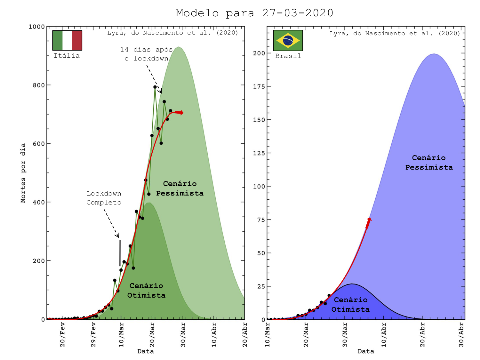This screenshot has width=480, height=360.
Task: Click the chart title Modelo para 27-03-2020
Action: coord(254,13)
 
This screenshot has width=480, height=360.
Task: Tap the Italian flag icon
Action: coord(67,40)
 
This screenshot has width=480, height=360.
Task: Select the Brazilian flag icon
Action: coord(288,40)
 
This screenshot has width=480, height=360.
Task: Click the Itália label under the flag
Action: coord(67,56)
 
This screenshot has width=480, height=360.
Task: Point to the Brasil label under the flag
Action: coord(288,56)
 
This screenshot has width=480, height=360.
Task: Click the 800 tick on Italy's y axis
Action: coord(39,85)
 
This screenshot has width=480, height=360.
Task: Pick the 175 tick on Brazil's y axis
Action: coord(259,86)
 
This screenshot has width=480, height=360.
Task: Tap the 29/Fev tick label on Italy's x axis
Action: coord(93,334)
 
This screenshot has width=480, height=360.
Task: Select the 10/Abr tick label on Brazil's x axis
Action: coord(384,334)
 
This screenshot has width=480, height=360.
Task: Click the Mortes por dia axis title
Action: coord(23,173)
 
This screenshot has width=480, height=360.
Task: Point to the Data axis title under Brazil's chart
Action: coord(366,351)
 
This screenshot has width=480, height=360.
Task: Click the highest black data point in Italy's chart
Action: coord(155,87)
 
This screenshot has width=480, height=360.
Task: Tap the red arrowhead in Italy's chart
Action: coord(181,113)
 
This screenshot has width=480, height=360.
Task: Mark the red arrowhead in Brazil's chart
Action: coord(369,220)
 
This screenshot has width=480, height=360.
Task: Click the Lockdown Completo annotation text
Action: coord(104,198)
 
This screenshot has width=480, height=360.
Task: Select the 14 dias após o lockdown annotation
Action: coord(147,54)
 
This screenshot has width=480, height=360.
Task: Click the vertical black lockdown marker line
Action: coord(120,253)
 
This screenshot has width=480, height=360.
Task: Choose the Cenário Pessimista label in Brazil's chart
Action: coord(429,162)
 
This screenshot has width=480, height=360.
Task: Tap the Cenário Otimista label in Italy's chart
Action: coord(146,290)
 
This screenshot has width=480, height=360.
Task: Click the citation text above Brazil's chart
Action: coord(395,33)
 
